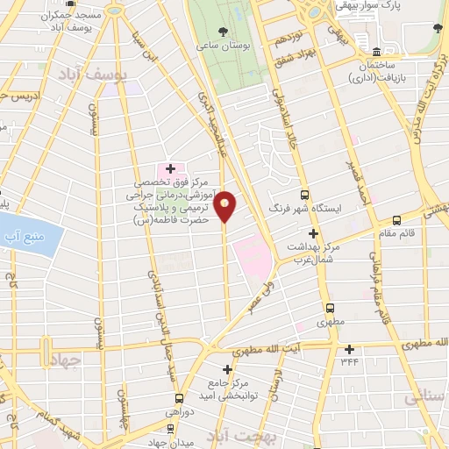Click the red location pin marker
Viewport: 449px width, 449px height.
pos(225,206)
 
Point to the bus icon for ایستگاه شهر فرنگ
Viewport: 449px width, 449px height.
pos(304,195)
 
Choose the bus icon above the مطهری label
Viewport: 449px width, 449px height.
pos(330,308)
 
